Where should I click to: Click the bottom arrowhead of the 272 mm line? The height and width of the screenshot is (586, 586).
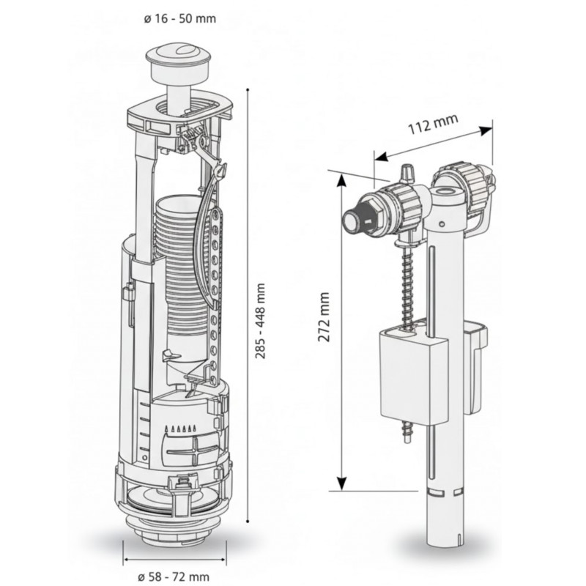341,485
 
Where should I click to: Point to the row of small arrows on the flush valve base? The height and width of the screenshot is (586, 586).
182,428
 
